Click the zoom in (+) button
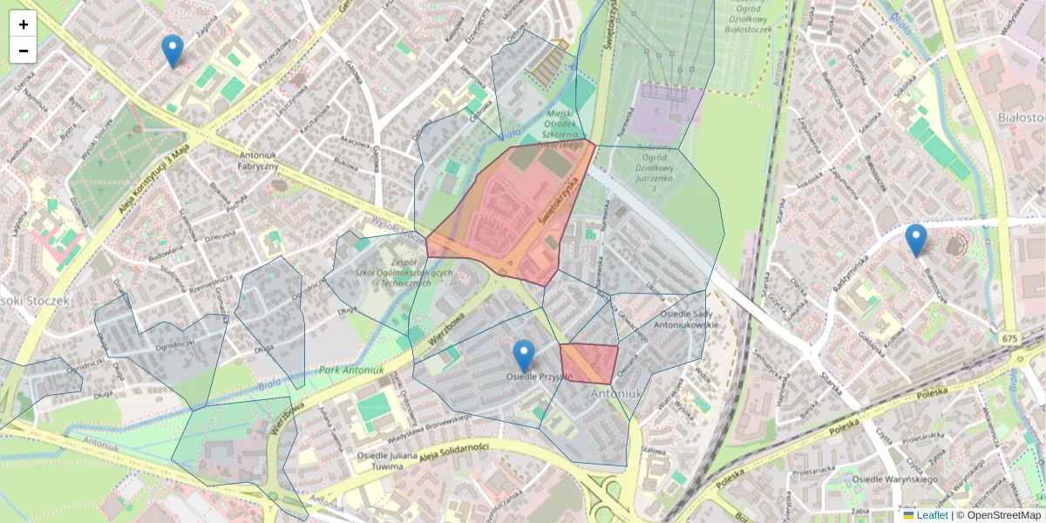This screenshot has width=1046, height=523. (x=24, y=24)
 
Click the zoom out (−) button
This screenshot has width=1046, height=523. (x=24, y=51)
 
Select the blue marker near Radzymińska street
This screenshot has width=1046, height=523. (x=915, y=240)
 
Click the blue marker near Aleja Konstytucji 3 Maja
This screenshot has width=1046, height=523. (x=173, y=51)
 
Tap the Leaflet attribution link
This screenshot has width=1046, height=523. (x=932, y=515)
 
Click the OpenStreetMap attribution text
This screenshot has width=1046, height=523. (x=1003, y=515)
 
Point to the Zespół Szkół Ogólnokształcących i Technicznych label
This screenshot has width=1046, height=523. (x=404, y=272)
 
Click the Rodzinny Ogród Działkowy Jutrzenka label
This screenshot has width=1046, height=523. (x=655, y=162)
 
